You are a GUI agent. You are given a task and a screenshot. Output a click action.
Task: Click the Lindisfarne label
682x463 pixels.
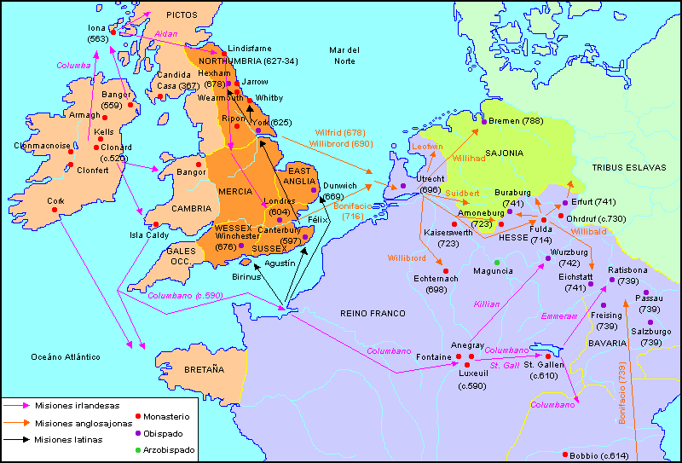click(x=250, y=49)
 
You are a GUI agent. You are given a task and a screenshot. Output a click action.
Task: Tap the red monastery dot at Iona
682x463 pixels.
click(x=111, y=31)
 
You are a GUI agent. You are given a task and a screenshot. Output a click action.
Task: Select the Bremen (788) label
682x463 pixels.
click(x=517, y=121)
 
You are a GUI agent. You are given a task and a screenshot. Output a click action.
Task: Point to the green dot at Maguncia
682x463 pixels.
click(x=496, y=261)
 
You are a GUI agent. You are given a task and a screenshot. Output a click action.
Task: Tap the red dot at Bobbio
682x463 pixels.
click(x=565, y=454)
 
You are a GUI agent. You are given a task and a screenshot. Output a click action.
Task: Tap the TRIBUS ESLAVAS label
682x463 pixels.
click(x=628, y=167)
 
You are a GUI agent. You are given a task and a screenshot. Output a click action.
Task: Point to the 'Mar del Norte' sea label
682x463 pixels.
click(x=345, y=55)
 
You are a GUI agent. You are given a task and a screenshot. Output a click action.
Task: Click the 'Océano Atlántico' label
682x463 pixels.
click(x=65, y=356)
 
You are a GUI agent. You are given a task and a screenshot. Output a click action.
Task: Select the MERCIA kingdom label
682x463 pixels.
click(x=235, y=191)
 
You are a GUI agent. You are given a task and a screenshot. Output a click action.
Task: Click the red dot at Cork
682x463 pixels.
click(x=54, y=210)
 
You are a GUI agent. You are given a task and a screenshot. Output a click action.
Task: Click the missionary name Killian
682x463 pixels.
click(x=486, y=304)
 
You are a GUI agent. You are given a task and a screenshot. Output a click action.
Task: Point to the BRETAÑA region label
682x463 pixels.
click(x=204, y=369)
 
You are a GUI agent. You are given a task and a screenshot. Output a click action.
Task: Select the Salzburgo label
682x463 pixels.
click(x=650, y=332)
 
